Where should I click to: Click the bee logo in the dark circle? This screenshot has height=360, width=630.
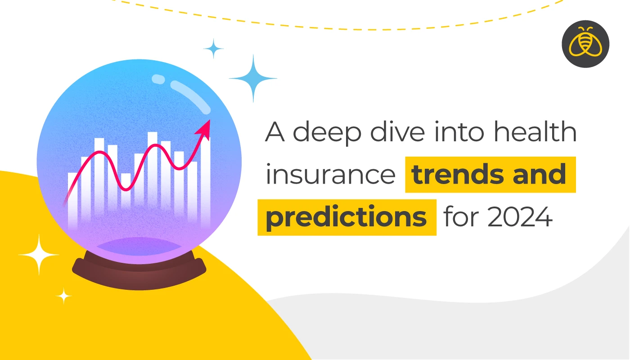point(585,44)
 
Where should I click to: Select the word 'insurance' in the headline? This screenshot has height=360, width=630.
point(330,175)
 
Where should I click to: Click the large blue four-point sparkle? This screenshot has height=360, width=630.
point(253,78)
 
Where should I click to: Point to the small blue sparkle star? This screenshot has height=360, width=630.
point(214,49)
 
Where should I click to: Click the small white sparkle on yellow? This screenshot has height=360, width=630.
point(64,296)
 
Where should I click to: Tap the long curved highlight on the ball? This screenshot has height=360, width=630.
point(192,97)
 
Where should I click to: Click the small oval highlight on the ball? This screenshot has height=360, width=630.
point(158,79)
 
